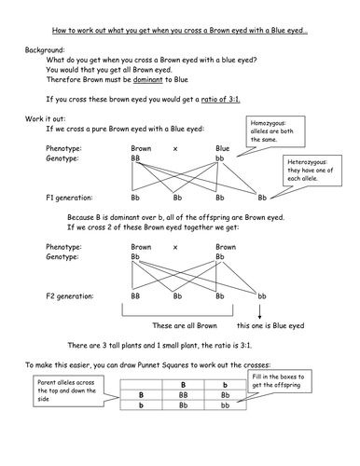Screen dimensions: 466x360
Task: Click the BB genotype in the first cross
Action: click(x=138, y=159)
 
